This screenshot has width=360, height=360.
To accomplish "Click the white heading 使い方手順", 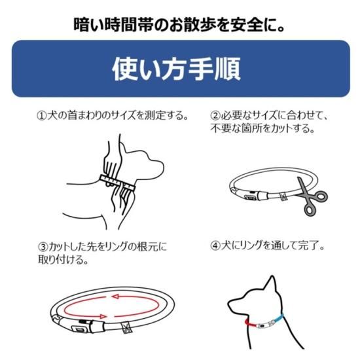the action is pyautogui.click(x=176, y=69).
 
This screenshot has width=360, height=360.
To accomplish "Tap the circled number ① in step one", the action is pyautogui.click(x=42, y=115).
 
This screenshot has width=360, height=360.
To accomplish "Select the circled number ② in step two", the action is pyautogui.click(x=215, y=115).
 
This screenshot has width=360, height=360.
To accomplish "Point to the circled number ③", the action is pyautogui.click(x=43, y=247).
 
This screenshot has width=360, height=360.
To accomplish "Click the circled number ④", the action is pyautogui.click(x=215, y=246).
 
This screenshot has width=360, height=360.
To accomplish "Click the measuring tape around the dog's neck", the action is pyautogui.click(x=117, y=182).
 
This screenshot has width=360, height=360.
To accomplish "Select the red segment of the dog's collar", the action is pyautogui.click(x=250, y=323).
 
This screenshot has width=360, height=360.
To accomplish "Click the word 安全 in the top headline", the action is pyautogui.click(x=247, y=25).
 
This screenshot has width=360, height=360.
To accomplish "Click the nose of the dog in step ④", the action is pyautogui.click(x=229, y=304).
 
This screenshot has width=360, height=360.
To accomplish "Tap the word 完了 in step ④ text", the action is pyautogui.click(x=308, y=246).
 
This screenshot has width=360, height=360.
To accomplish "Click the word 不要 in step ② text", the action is pyautogui.click(x=221, y=128).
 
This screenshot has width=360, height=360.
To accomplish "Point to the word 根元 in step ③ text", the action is pyautogui.click(x=147, y=247).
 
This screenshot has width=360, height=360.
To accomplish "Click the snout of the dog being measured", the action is pyautogui.click(x=158, y=166).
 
